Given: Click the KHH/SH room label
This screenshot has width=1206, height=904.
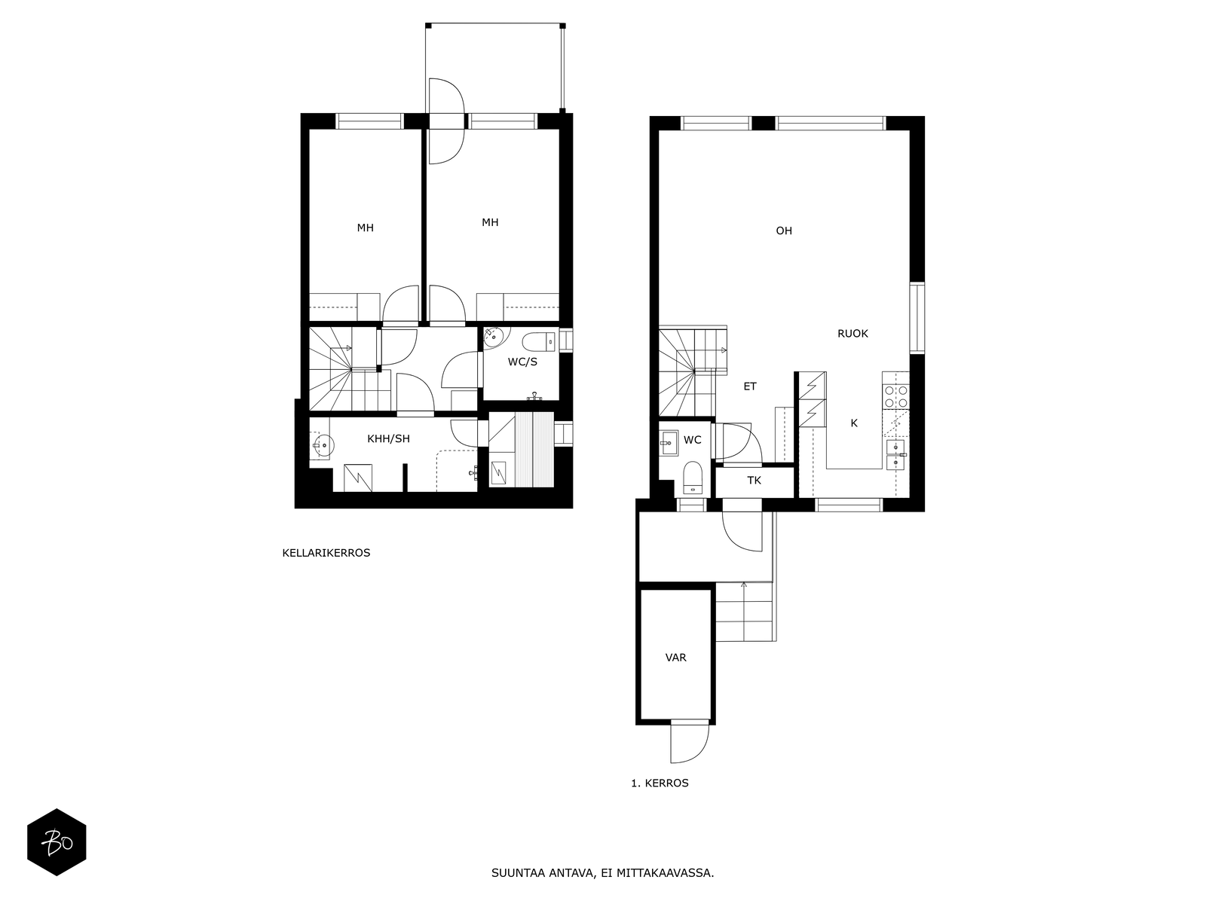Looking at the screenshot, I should [x=388, y=438].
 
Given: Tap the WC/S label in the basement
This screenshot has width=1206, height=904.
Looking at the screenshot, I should [x=522, y=362].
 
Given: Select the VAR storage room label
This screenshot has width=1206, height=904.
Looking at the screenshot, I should [x=675, y=658].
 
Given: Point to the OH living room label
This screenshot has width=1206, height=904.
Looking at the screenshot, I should [x=784, y=231].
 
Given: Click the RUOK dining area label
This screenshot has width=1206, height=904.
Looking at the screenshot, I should [x=852, y=334].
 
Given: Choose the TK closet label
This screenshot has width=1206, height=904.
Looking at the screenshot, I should [x=754, y=481].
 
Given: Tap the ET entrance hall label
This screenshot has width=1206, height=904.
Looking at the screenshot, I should [x=750, y=386].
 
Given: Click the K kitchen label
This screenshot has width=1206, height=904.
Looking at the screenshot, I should [x=854, y=423].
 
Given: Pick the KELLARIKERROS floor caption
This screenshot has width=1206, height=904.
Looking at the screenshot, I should [x=326, y=553].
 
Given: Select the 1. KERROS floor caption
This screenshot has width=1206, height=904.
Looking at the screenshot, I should [x=660, y=783].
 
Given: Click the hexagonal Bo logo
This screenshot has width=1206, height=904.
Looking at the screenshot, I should [x=57, y=842].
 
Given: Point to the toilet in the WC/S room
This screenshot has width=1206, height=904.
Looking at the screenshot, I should [x=539, y=343].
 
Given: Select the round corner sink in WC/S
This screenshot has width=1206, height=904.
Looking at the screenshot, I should [x=494, y=336].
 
